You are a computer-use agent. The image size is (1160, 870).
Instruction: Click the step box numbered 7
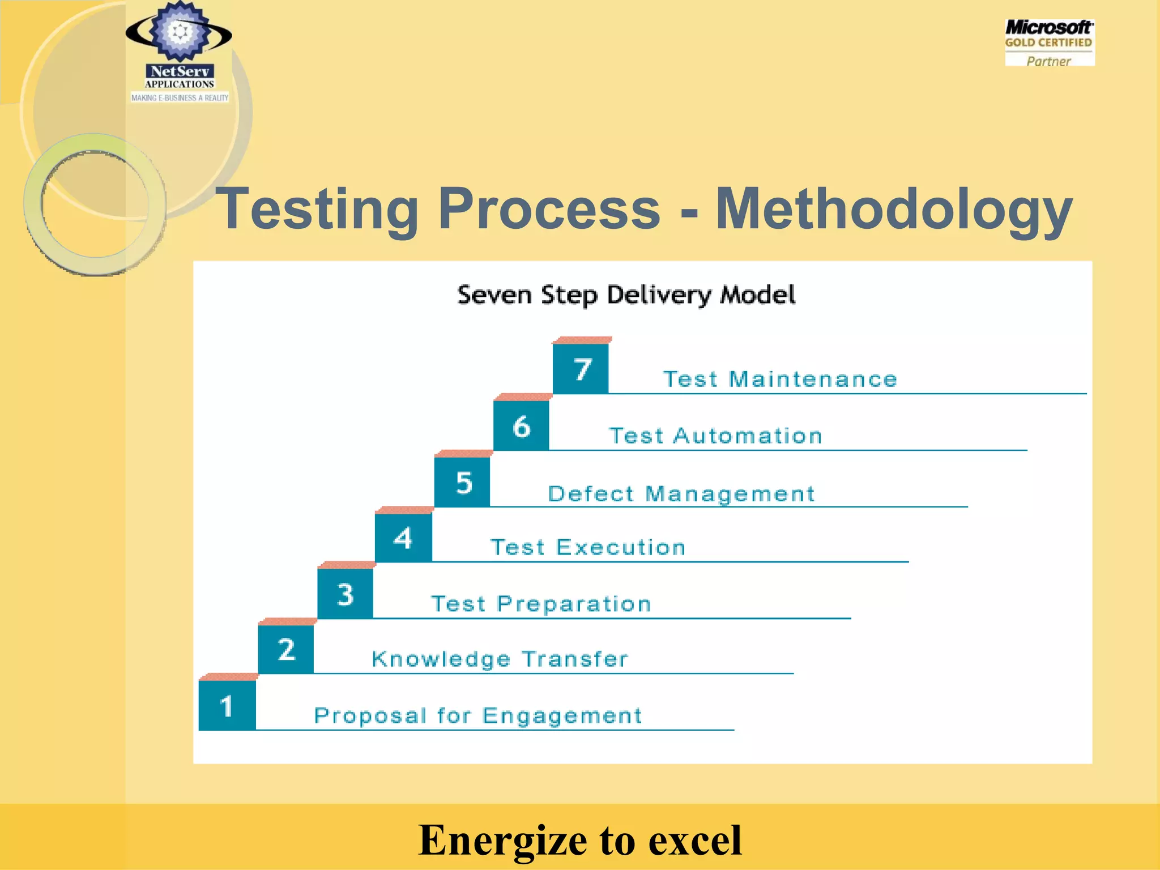tap(581, 369)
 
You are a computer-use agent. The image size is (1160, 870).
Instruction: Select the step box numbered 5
tap(462, 482)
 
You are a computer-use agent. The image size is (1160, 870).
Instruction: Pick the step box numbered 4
tap(403, 538)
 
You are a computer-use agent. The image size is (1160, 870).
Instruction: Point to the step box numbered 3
tap(345, 594)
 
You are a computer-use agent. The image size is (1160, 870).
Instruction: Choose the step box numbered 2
tap(286, 649)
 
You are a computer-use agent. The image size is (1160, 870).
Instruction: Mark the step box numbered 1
tap(227, 706)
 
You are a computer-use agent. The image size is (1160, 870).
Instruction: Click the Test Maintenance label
tap(780, 379)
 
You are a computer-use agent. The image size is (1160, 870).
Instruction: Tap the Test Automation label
tap(715, 436)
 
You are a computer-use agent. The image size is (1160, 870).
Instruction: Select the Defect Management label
tap(681, 494)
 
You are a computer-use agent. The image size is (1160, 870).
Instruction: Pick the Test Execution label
tap(588, 547)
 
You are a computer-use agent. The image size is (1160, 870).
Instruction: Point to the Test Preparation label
tap(541, 604)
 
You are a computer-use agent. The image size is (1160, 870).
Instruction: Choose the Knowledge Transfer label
tap(500, 659)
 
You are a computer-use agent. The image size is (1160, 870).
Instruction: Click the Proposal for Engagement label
tap(478, 716)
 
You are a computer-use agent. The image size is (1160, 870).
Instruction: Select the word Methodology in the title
tap(893, 209)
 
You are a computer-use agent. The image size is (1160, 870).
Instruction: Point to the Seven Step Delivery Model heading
tap(626, 295)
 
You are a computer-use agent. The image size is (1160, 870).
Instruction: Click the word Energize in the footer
tap(502, 839)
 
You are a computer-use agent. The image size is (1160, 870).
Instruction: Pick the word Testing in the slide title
tap(317, 209)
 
